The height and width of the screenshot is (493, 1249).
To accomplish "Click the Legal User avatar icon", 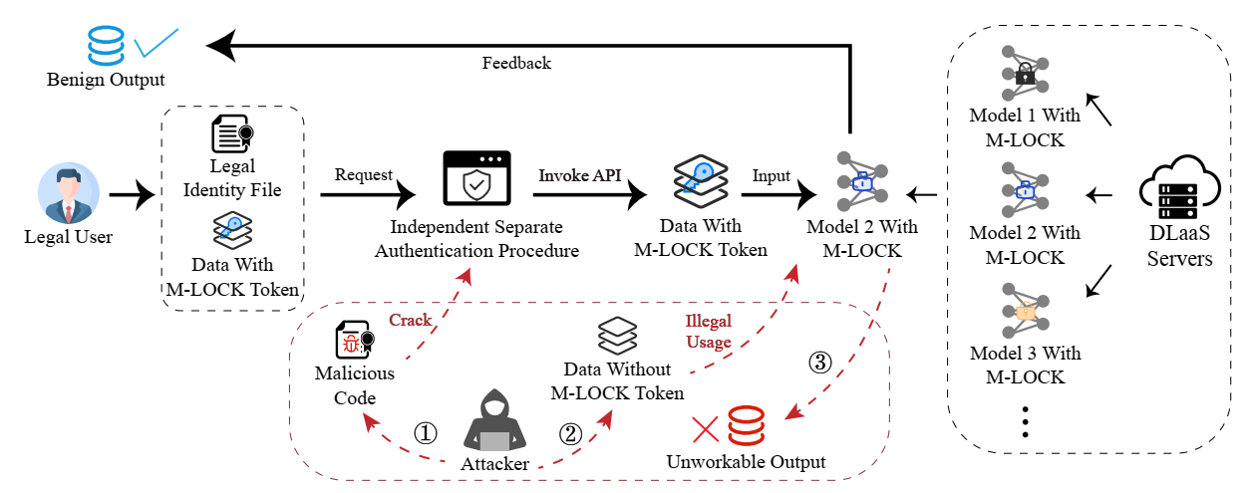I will pos(69,195).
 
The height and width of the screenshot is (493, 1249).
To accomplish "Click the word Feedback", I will pos(516,63).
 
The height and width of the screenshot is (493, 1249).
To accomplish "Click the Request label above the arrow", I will pos(364,175).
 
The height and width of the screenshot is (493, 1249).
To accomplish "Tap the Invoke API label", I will pos(580,175).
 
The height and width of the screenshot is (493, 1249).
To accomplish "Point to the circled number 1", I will pos(426,433).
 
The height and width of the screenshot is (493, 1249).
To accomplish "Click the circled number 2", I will pos(570,433).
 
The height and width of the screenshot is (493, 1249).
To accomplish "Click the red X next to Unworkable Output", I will pos(705,428).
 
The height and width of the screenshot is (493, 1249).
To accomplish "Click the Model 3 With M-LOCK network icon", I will pos(1024,311).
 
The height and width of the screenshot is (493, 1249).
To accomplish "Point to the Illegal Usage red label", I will pos(708,332).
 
